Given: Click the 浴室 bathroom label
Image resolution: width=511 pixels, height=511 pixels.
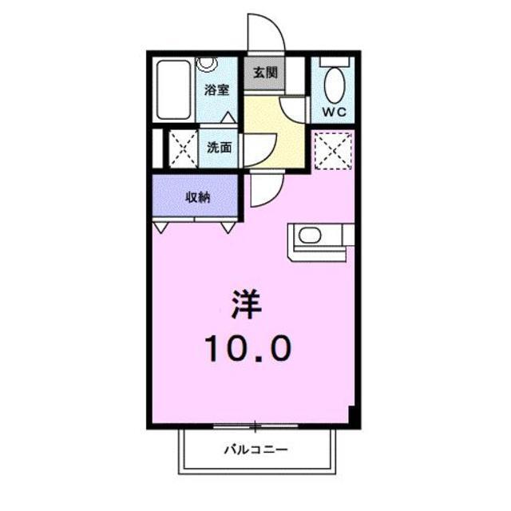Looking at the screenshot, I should [217, 89].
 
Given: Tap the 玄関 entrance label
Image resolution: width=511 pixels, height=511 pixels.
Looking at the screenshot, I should [265, 73].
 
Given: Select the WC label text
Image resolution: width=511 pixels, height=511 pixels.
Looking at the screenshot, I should [334, 113].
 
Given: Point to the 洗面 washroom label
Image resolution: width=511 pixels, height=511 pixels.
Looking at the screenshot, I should [220, 147].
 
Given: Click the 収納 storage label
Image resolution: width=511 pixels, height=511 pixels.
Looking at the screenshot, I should [198, 197].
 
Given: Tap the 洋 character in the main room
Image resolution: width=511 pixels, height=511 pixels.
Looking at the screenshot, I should [247, 303].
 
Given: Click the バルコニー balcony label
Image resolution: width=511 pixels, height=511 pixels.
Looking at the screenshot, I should [255, 450].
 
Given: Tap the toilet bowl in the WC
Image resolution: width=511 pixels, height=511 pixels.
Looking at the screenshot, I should [335, 84].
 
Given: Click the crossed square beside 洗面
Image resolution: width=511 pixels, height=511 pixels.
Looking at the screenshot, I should [180, 148].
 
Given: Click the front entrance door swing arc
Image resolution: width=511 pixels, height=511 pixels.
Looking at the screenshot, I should [266, 32].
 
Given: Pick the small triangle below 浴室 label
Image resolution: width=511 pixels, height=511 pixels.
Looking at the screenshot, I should [228, 117].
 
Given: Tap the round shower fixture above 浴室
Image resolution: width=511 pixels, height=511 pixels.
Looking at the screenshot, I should [207, 63].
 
